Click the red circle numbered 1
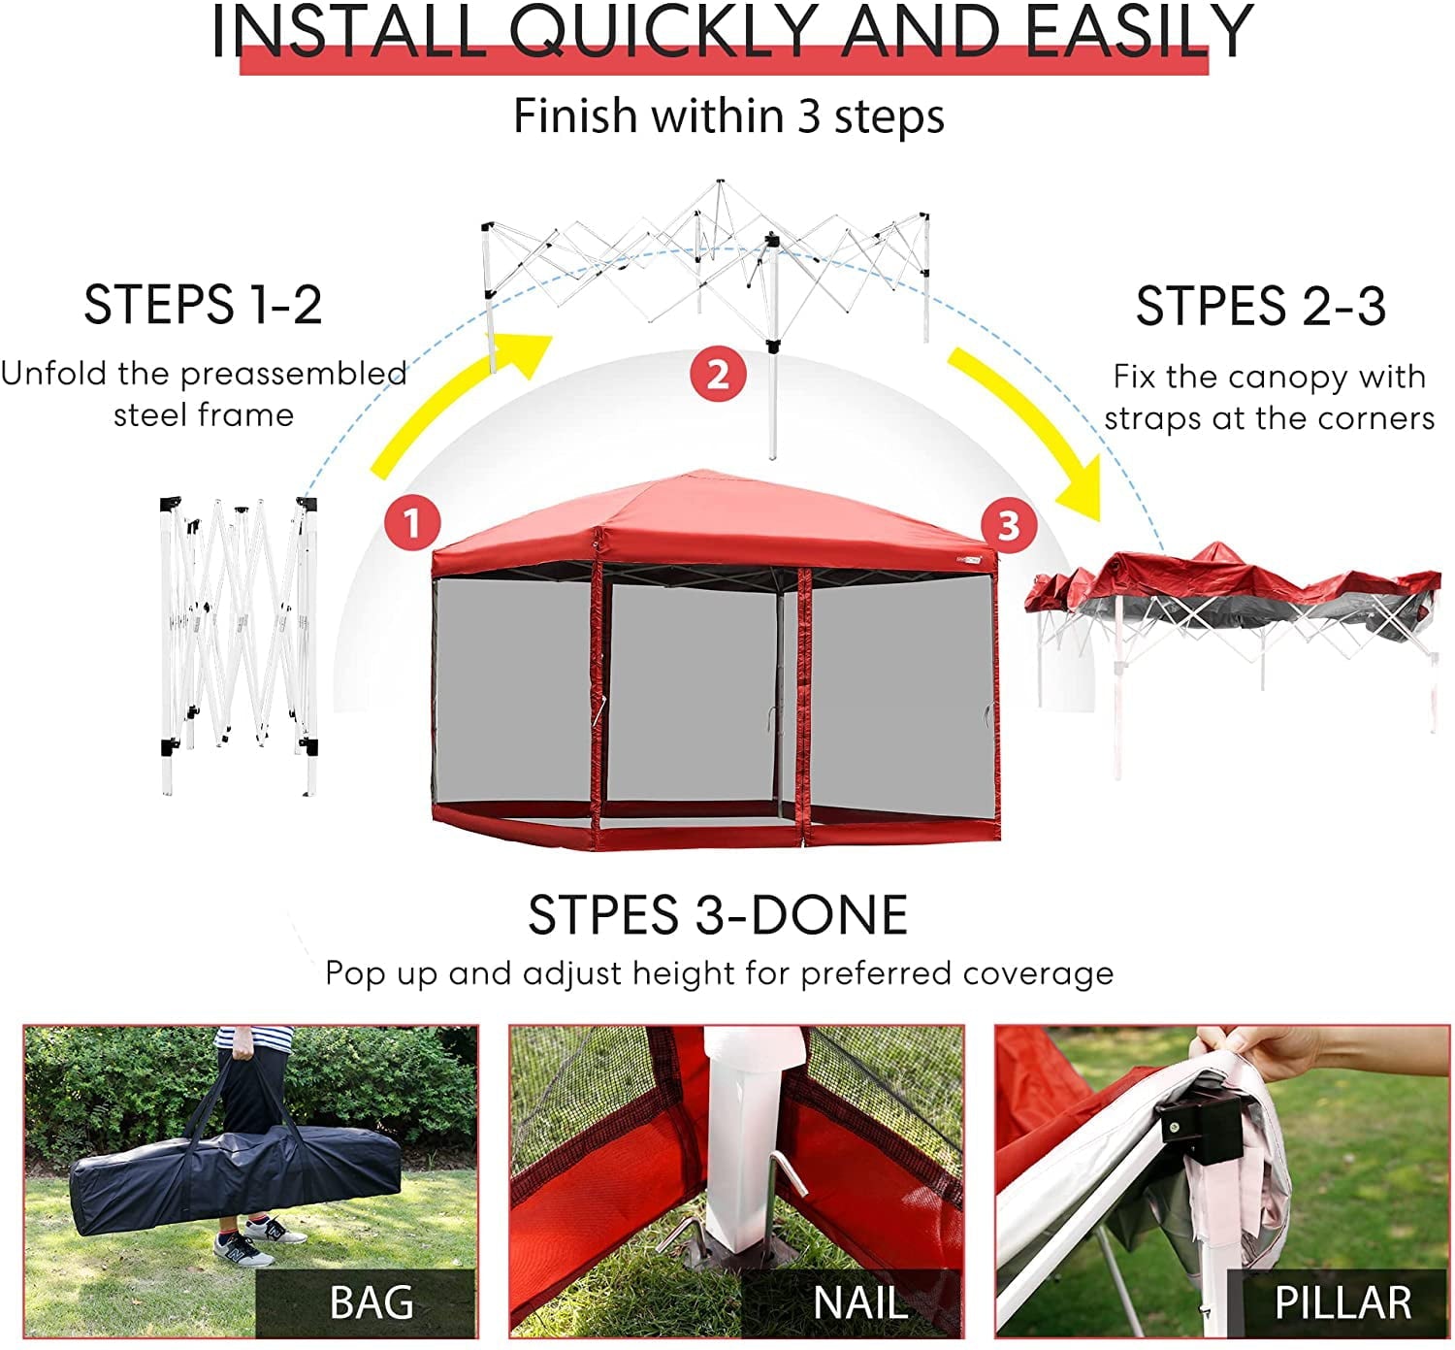pos(412,523)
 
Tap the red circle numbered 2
pos(718,374)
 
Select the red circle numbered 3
pos(1009,525)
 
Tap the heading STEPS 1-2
pos(203,305)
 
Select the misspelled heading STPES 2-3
pos(1260,307)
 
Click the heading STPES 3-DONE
pos(718,915)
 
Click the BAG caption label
pos(371,1302)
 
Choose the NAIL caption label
pos(859,1302)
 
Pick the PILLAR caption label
pos(1342,1302)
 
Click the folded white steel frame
pos(239,641)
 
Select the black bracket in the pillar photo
pos(1199,1126)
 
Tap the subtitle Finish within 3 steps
pos(728,116)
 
